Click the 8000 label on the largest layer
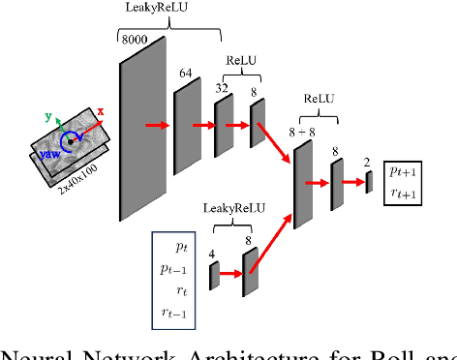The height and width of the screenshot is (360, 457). point(135,40)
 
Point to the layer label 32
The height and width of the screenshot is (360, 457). point(223,88)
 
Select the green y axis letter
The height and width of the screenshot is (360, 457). point(48,118)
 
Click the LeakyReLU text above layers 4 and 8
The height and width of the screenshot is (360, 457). point(230,207)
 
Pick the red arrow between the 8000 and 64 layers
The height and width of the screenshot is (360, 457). point(158,125)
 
